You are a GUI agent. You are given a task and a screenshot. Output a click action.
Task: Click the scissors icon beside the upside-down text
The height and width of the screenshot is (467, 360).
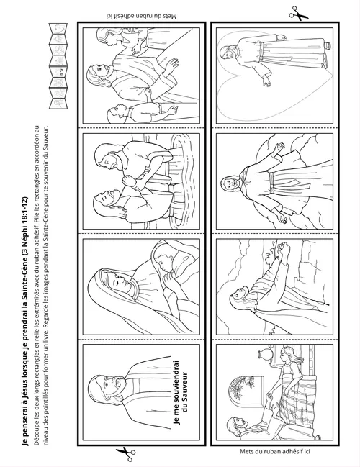[298, 14]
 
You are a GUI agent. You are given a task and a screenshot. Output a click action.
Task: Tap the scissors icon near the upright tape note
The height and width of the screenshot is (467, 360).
[126, 453]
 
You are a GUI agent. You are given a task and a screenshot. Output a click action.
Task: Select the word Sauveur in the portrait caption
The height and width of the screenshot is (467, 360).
[185, 387]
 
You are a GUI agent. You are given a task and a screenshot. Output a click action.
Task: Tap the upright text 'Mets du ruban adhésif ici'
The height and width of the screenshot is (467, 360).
[275, 451]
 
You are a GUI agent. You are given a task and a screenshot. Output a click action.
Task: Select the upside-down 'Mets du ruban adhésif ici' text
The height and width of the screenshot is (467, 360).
[141, 16]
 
